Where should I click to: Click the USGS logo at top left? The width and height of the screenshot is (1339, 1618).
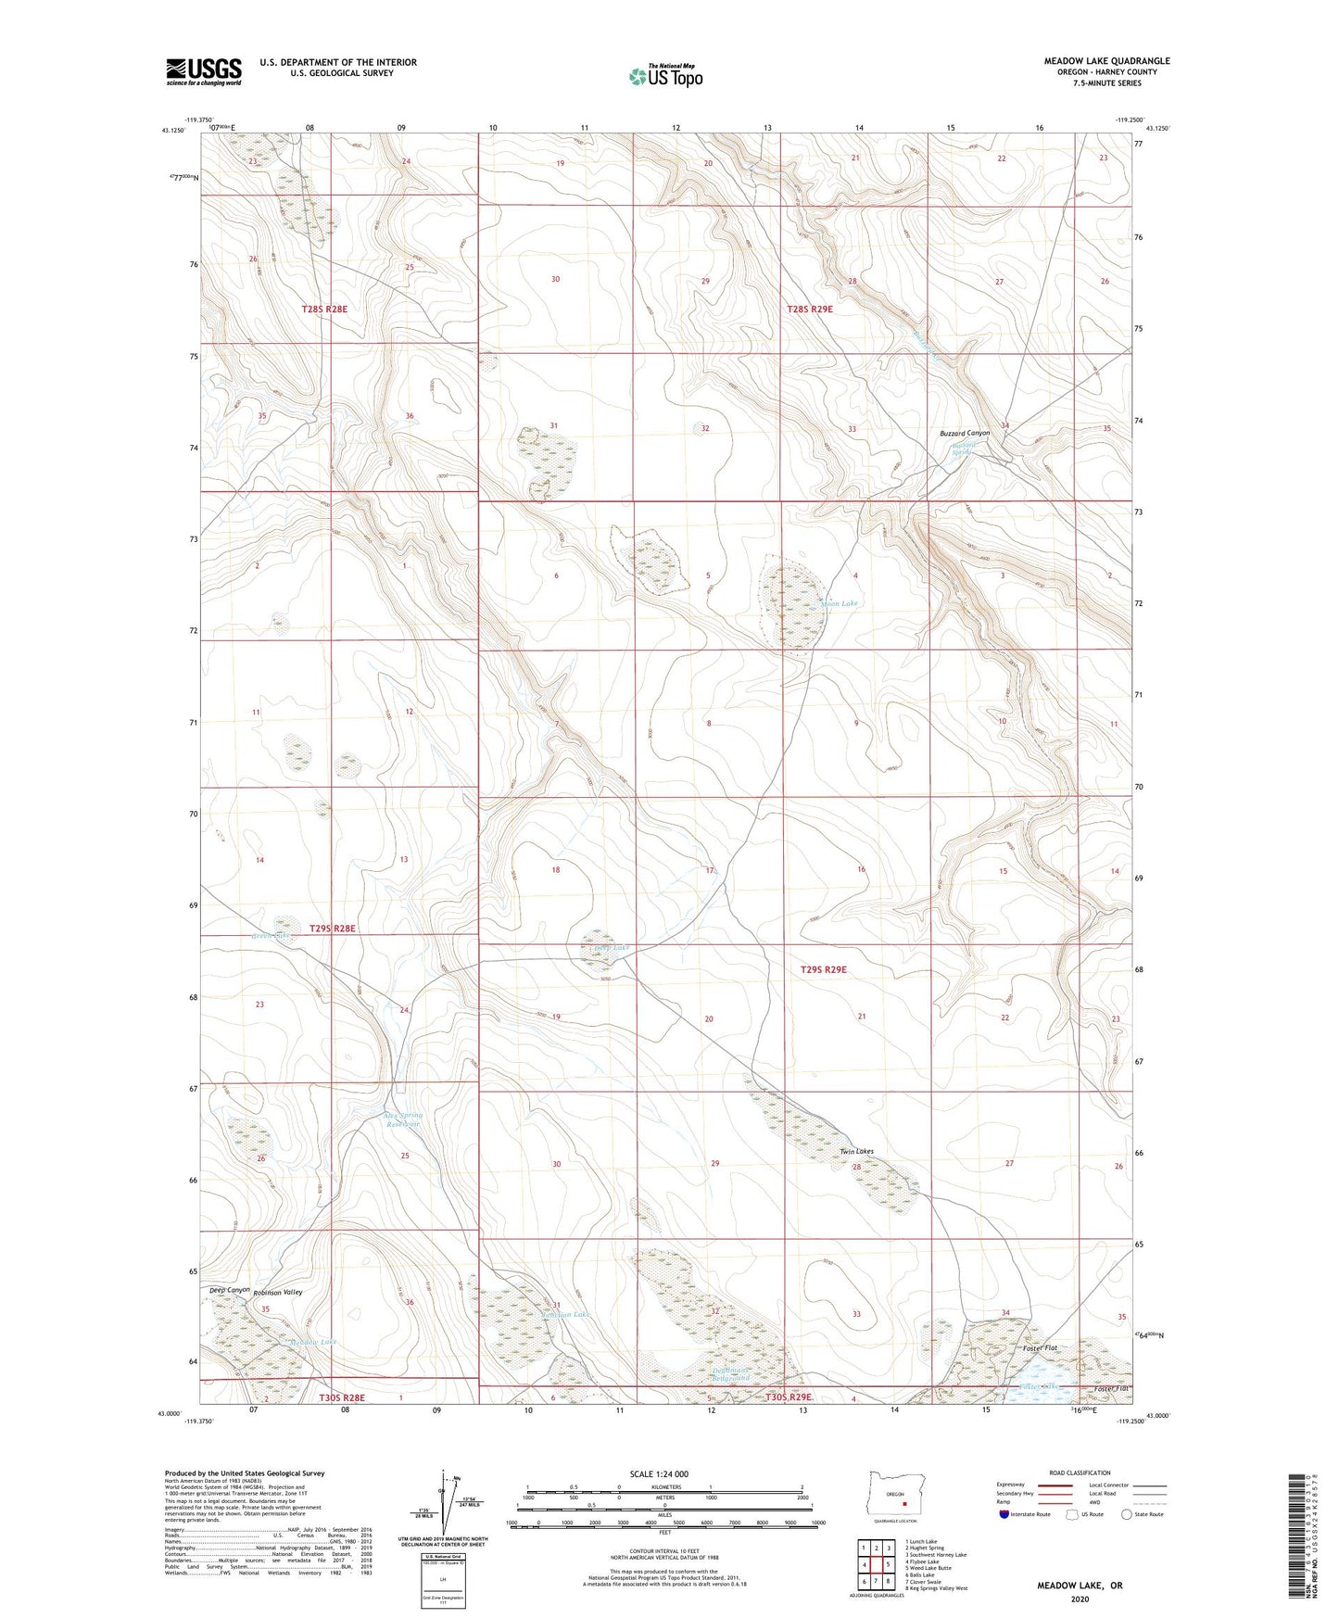(204, 71)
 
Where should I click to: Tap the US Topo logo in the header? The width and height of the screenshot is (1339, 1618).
(665, 76)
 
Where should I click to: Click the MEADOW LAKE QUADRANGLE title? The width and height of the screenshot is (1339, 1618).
(1106, 61)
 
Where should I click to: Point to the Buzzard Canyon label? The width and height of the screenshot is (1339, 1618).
(965, 433)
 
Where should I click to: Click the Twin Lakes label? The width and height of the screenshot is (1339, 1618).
(856, 1151)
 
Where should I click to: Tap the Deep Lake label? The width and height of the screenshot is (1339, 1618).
(611, 947)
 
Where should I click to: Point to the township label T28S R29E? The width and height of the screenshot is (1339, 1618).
(810, 310)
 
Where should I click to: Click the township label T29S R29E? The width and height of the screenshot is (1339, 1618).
(823, 969)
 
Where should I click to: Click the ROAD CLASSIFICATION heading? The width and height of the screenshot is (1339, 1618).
(1080, 1473)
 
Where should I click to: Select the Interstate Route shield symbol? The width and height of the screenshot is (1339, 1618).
(1004, 1514)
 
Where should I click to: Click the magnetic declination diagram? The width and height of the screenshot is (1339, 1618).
(453, 1505)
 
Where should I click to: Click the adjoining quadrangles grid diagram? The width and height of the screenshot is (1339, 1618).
(876, 1565)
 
